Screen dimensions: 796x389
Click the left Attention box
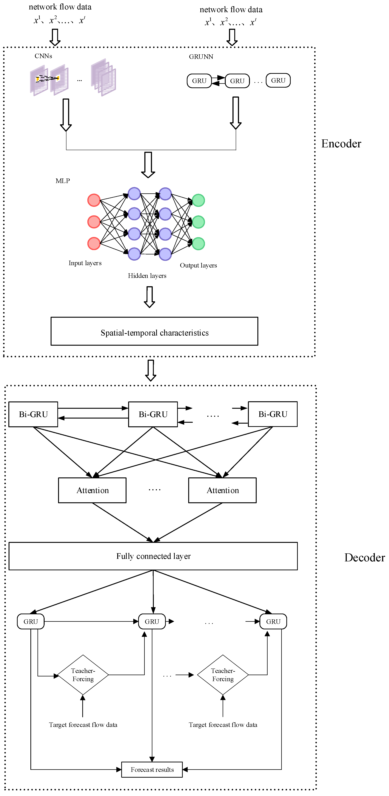92,490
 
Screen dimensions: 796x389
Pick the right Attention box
222,490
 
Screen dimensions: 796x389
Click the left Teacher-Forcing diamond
83,675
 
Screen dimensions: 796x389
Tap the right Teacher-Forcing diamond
223,675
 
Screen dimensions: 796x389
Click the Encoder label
341,144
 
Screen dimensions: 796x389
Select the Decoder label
365,557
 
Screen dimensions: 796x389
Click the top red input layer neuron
94,200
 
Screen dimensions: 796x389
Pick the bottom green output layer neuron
198,244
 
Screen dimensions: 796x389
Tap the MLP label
62,181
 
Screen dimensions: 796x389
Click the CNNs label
43,56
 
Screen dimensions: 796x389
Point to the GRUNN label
201,57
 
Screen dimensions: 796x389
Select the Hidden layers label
147,276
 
